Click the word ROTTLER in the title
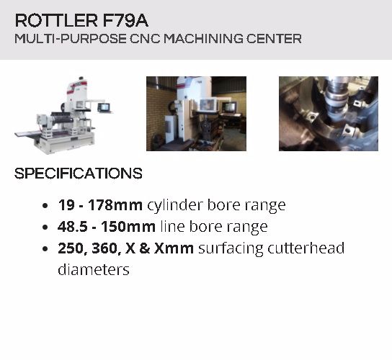coord(56,20)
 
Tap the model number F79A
coord(125,20)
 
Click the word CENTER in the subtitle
coord(274,39)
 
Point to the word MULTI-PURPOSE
coord(71,39)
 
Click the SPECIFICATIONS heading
coord(79,174)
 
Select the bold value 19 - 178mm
coord(100,205)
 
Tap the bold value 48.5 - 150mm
coord(107,227)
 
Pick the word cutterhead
coord(306,248)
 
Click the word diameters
coord(94,270)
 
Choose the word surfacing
coord(230,249)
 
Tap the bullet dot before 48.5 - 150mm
coord(45,228)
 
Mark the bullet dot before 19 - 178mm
coord(45,206)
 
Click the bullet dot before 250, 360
coord(45,249)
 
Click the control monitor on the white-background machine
coord(103,107)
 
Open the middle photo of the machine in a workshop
coord(196,114)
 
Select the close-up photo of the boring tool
coord(329,114)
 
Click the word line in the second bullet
coord(172,226)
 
